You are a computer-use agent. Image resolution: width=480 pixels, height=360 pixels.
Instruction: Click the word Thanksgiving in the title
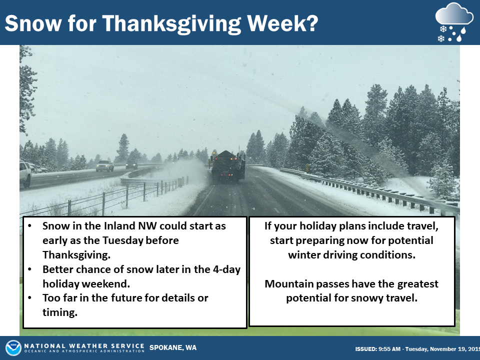click(171, 24)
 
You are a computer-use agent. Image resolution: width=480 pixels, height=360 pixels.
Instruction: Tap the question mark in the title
click(311, 23)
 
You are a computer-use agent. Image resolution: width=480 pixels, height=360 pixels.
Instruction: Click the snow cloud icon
click(454, 22)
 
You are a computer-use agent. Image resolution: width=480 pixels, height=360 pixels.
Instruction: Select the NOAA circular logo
click(13, 348)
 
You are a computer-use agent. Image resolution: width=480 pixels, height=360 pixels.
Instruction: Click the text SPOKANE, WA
click(173, 348)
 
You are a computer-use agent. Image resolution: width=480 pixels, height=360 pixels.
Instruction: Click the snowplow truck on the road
click(228, 166)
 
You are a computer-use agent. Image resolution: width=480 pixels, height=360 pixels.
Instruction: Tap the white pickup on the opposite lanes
click(104, 165)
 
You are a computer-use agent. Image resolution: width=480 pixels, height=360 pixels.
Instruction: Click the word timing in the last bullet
click(59, 312)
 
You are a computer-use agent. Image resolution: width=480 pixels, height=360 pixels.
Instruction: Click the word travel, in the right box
click(423, 226)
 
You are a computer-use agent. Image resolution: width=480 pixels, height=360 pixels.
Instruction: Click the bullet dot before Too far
click(29, 297)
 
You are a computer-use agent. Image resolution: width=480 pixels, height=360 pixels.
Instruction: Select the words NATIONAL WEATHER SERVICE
click(84, 346)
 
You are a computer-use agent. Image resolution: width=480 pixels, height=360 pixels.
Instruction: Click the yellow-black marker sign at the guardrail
click(307, 168)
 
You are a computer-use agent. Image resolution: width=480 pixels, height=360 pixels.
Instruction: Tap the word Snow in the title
click(33, 23)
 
